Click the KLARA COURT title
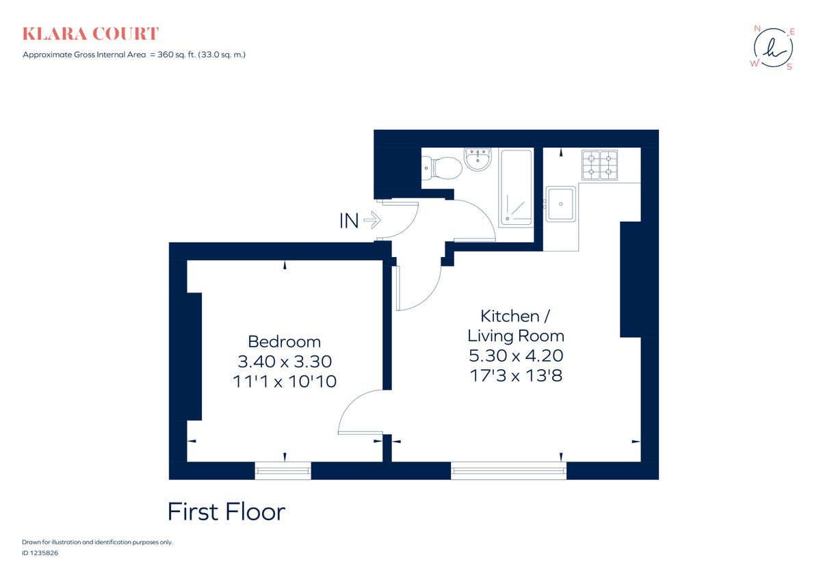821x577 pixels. [90, 33]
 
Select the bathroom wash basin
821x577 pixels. [478, 161]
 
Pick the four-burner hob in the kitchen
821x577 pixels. [600, 165]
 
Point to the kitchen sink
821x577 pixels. [562, 203]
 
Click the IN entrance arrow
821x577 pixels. [361, 221]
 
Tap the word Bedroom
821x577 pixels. [284, 341]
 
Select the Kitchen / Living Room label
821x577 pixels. [515, 325]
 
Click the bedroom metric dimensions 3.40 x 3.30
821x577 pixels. [284, 361]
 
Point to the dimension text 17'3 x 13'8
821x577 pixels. [515, 375]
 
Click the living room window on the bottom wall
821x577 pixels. [509, 469]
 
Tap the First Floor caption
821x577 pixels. [226, 511]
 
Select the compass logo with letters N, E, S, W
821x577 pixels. [774, 48]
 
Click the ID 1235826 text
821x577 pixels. [40, 553]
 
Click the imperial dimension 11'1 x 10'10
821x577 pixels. [284, 381]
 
